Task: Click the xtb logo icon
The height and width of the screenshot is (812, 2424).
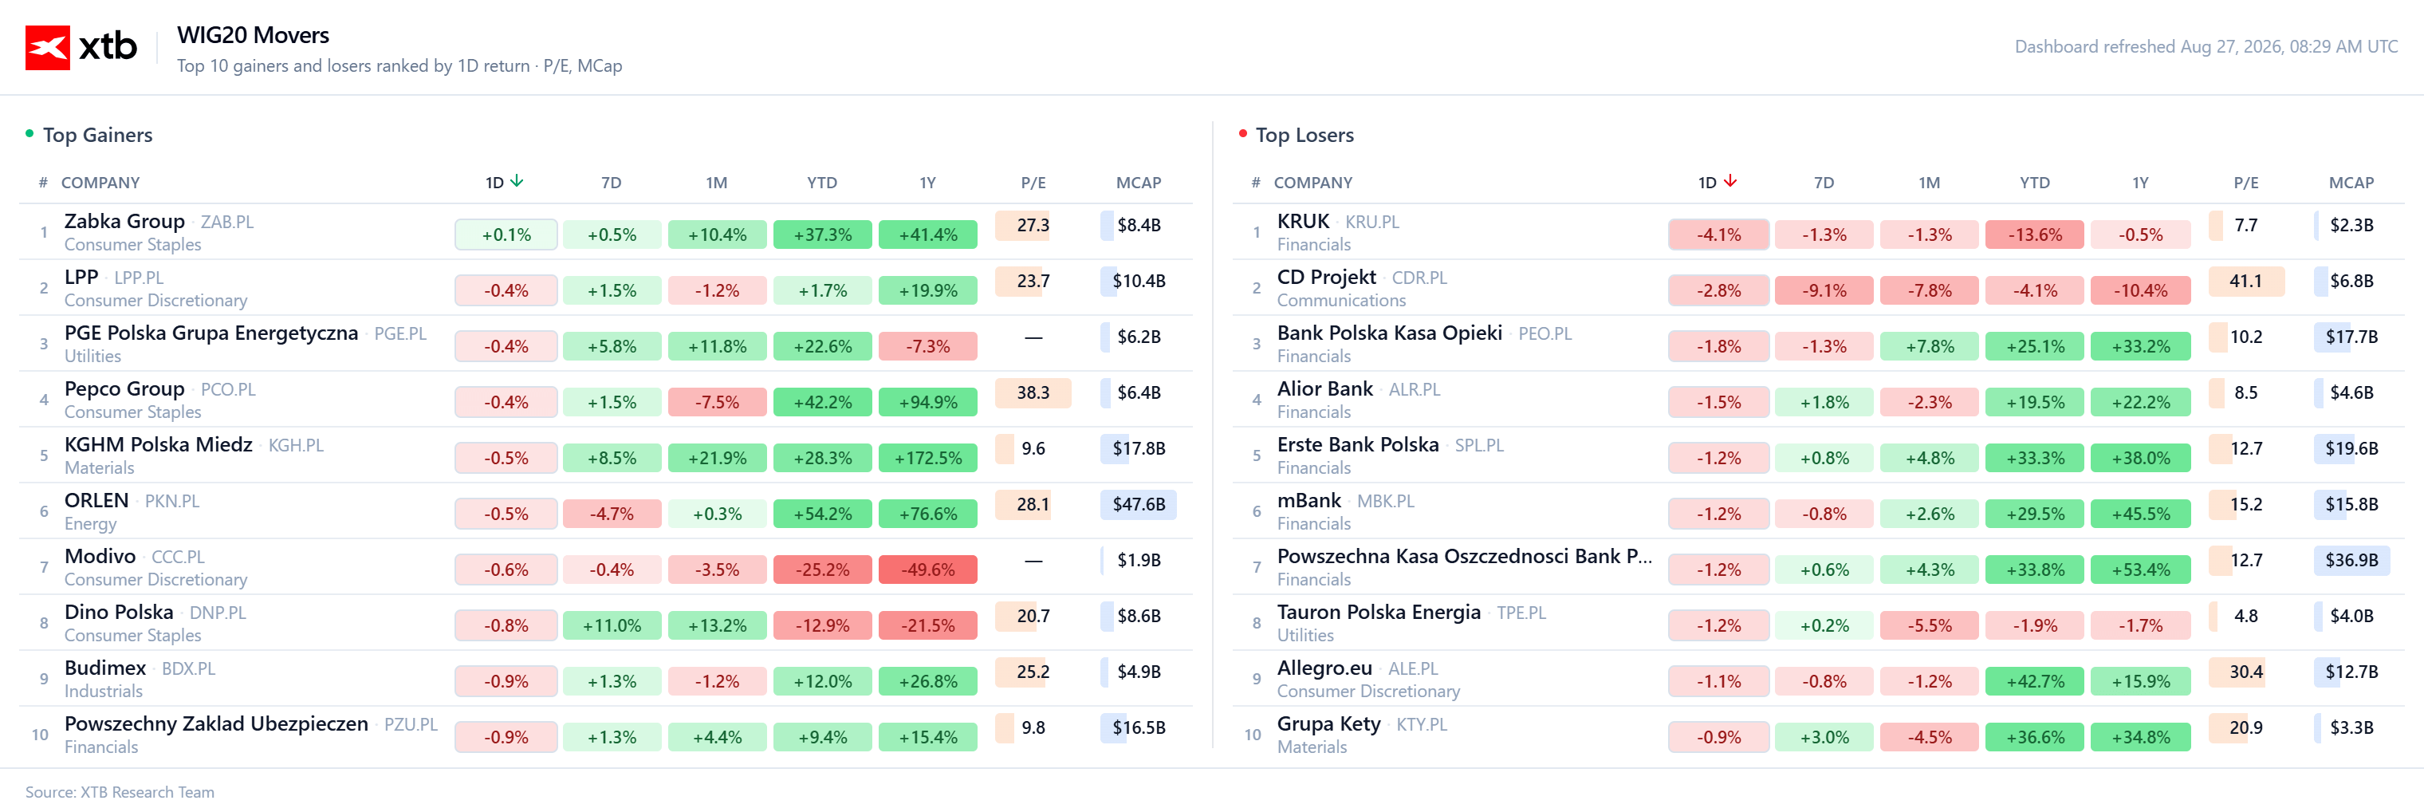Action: coord(47,47)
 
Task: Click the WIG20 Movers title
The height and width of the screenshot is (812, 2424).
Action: coord(253,35)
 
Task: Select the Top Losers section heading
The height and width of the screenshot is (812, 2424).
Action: coord(1304,135)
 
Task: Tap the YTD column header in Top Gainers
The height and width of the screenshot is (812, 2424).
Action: coord(821,183)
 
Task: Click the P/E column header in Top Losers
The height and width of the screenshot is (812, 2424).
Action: coord(2245,183)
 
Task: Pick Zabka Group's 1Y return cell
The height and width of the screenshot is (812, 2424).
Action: coord(928,235)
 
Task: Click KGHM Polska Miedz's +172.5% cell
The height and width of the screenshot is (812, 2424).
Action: coord(928,458)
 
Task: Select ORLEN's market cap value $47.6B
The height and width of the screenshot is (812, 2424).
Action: coord(1139,504)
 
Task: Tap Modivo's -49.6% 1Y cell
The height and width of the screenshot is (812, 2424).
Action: coord(928,570)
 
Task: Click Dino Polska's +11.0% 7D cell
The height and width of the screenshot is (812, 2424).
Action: coord(612,625)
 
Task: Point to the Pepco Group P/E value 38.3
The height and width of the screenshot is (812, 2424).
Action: coord(1033,392)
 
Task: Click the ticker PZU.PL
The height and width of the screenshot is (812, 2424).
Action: coord(411,724)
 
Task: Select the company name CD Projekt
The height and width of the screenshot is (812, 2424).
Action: coord(1326,278)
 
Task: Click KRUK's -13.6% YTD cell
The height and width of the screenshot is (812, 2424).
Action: coord(2034,235)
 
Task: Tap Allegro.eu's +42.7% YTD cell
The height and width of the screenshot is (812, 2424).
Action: coord(2034,681)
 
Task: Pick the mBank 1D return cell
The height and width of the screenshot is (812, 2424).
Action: coord(1718,514)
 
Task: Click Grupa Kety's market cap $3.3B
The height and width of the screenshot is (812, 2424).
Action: coord(2351,727)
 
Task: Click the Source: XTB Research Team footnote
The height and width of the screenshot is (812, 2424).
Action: coord(120,792)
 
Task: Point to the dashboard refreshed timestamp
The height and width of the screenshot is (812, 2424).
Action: coord(2206,46)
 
